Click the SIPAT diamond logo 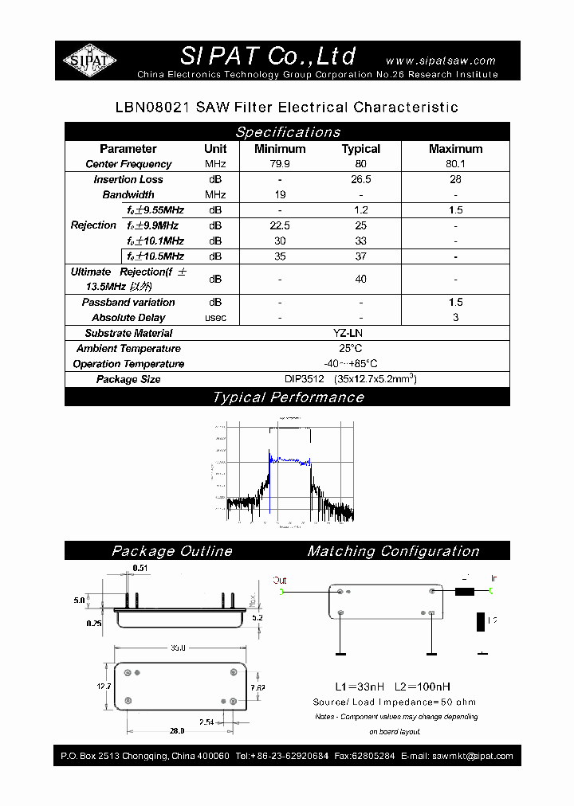coord(89,61)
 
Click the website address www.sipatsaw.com coord(440,61)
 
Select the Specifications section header coord(287,132)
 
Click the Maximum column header coord(455,149)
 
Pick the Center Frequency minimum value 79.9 coord(280,164)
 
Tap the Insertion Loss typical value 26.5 coord(361,179)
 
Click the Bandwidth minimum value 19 coord(280,194)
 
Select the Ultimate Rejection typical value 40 coord(361,280)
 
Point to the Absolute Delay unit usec coord(215,318)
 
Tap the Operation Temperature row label coord(128,364)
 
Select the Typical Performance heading coord(287,397)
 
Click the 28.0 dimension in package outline coord(177,730)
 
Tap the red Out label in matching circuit coord(279,581)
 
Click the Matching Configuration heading coord(393,551)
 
